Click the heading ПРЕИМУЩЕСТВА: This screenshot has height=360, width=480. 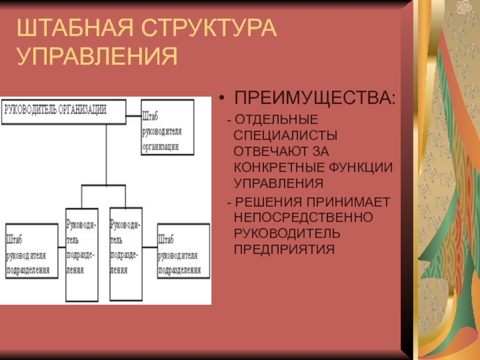[314, 98]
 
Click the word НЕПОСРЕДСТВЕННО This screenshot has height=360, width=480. [304, 217]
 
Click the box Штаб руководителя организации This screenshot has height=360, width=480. [167, 127]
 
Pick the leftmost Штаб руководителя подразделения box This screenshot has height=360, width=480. [32, 253]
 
